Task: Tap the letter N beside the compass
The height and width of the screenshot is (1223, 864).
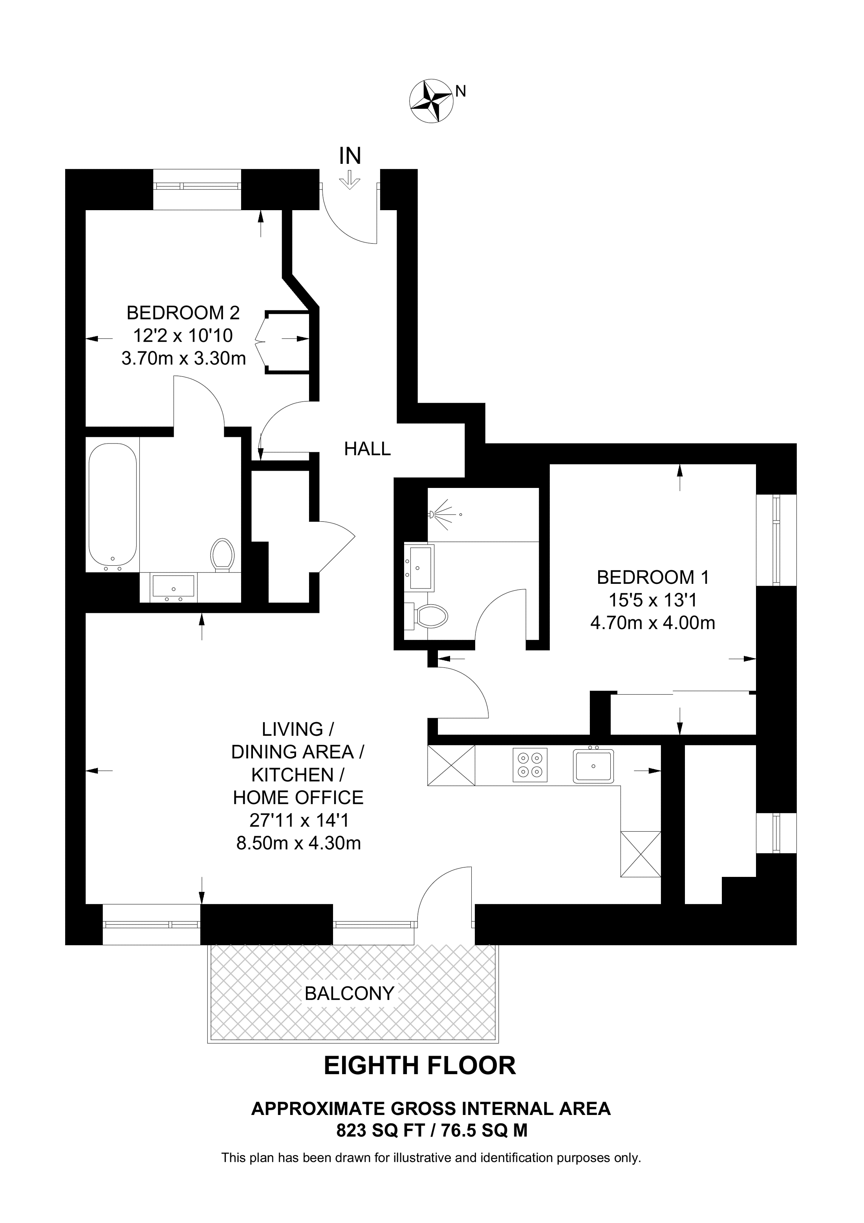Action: point(461,92)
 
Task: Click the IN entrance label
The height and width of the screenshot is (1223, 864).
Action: point(350,156)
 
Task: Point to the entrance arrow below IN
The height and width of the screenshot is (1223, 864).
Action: point(350,180)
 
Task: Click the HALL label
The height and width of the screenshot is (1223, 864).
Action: point(367,449)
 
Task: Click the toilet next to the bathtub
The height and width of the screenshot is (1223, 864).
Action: point(222,555)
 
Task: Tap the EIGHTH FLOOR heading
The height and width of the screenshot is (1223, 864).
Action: point(420,1066)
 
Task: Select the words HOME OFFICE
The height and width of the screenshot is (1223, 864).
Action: point(298,798)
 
